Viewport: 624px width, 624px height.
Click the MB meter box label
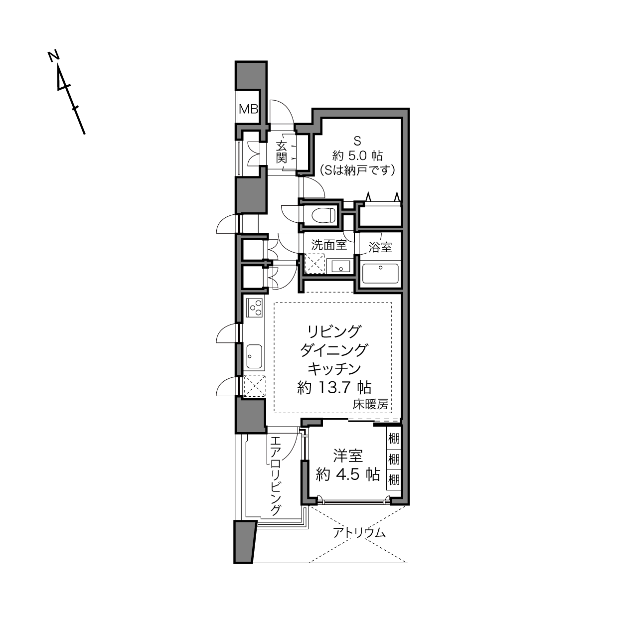pyautogui.click(x=248, y=109)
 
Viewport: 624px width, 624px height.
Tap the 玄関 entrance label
pyautogui.click(x=282, y=152)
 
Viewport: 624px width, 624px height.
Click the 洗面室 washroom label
pyautogui.click(x=329, y=245)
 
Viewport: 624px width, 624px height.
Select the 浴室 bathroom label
pyautogui.click(x=380, y=247)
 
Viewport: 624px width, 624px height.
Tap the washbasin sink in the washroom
pyautogui.click(x=338, y=266)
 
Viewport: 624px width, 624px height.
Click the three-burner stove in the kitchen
pyautogui.click(x=255, y=308)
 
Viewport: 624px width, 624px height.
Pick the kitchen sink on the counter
pyautogui.click(x=255, y=356)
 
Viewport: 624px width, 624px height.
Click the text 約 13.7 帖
pyautogui.click(x=334, y=388)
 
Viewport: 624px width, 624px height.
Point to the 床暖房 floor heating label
pyautogui.click(x=370, y=404)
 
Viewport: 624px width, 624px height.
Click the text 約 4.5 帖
pyautogui.click(x=348, y=474)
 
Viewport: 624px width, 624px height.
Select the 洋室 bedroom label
pyautogui.click(x=348, y=456)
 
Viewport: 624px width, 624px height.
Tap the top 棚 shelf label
pyautogui.click(x=394, y=439)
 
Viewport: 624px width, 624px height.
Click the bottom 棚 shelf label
pyautogui.click(x=394, y=479)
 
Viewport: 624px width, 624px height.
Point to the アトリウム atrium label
pyautogui.click(x=359, y=532)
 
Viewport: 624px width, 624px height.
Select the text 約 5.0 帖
pyautogui.click(x=357, y=156)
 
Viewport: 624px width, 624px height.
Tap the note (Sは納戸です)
pyautogui.click(x=357, y=169)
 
